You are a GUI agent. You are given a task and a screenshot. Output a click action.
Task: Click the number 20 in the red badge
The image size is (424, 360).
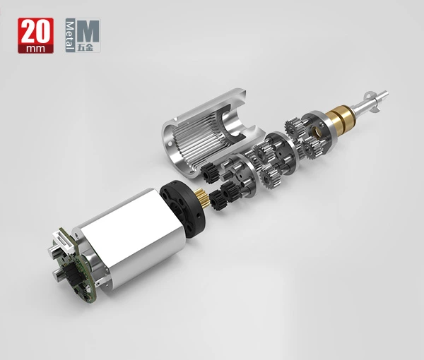tap(35, 31)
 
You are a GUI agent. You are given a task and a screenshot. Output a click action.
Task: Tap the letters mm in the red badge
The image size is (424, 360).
tap(35, 49)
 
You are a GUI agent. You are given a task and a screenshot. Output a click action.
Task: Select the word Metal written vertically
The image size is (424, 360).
tap(70, 35)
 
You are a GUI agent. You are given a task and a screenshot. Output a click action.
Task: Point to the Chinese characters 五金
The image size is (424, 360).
tap(86, 47)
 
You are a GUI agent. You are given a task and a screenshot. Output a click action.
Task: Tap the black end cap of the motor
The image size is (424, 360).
tap(182, 209)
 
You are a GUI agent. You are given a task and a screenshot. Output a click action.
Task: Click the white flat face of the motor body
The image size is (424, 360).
tap(133, 229)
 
